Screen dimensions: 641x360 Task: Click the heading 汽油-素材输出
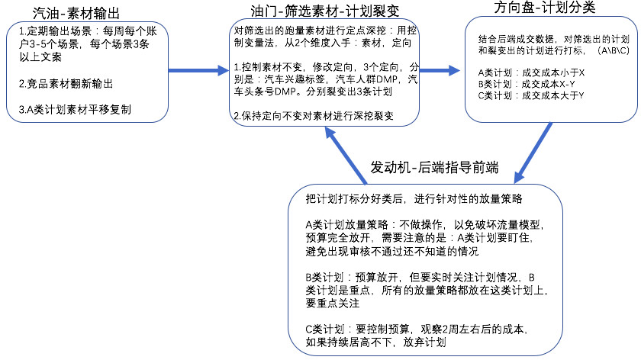pyautogui.click(x=76, y=13)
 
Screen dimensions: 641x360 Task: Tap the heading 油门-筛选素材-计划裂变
pyautogui.click(x=325, y=11)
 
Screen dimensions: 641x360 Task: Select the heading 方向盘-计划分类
pyautogui.click(x=545, y=7)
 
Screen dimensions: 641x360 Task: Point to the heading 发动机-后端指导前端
pyautogui.click(x=434, y=168)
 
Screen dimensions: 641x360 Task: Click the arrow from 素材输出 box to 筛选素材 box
pyautogui.click(x=198, y=71)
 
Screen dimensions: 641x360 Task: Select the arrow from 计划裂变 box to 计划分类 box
pyautogui.click(x=440, y=70)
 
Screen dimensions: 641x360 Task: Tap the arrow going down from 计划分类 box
pyautogui.click(x=533, y=153)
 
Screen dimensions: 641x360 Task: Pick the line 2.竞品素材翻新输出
pyautogui.click(x=66, y=84)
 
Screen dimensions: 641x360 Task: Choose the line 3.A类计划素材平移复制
pyautogui.click(x=75, y=110)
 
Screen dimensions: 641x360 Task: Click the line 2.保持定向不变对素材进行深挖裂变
pyautogui.click(x=314, y=116)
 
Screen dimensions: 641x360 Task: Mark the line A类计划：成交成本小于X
pyautogui.click(x=531, y=72)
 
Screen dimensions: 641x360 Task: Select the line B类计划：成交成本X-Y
pyautogui.click(x=527, y=84)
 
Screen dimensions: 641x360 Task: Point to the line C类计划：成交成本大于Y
pyautogui.click(x=531, y=95)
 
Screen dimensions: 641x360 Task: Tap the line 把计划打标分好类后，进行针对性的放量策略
pyautogui.click(x=414, y=199)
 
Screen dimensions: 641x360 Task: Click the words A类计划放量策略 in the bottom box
pyautogui.click(x=346, y=225)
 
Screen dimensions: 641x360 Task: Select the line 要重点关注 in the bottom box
pyautogui.click(x=333, y=304)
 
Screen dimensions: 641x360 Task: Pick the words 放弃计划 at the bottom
pyautogui.click(x=424, y=342)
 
